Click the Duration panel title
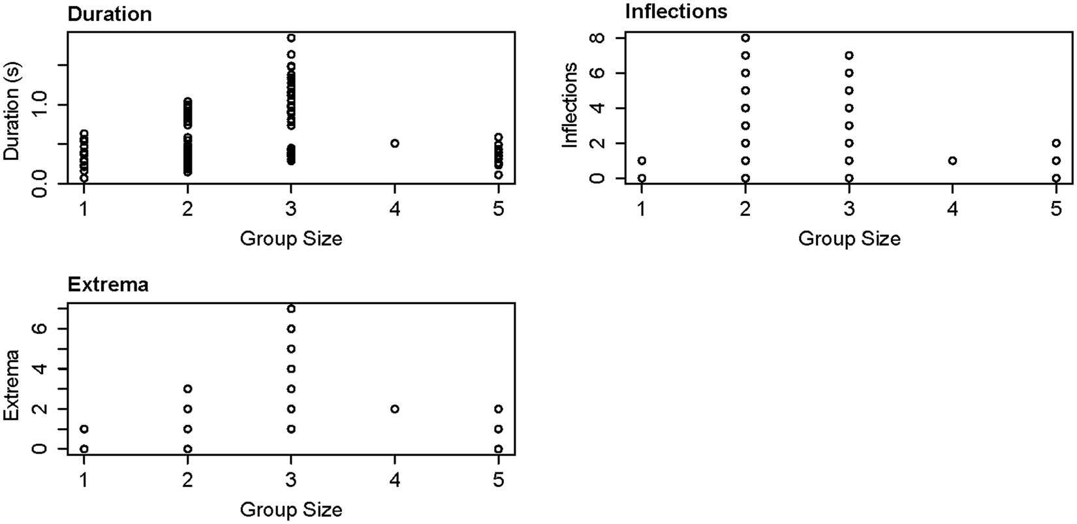coord(110,14)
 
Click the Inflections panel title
coord(676,11)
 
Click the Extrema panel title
coord(108,285)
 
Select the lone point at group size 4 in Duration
coord(395,144)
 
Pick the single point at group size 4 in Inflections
coord(953,161)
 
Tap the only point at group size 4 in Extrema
coord(395,409)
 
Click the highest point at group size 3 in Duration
coord(291,38)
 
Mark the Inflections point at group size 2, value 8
coord(745,38)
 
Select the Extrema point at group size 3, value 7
coord(291,309)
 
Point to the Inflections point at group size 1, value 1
coord(642,161)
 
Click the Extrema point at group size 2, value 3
coord(188,389)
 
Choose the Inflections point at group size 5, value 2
coord(1056,143)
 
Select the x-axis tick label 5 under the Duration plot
coord(499,209)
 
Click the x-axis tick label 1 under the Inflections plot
coord(642,209)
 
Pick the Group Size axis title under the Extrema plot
coord(291,510)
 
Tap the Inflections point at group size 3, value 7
coord(849,55)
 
